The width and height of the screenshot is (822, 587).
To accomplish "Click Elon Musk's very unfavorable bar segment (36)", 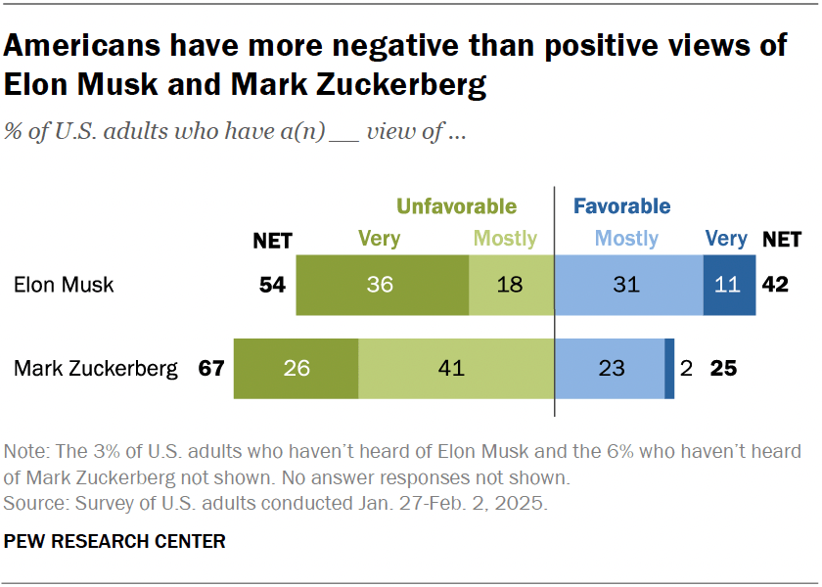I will coord(382,285).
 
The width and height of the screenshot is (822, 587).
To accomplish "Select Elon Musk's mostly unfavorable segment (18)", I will coord(511,285).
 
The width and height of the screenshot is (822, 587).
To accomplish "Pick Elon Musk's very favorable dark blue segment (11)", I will coord(729,285).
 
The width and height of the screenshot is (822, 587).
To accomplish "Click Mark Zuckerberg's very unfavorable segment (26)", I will coord(296,369).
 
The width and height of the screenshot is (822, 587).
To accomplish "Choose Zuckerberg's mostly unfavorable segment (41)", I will coord(456,369).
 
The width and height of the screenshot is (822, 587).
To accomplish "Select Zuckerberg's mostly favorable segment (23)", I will coord(610,369).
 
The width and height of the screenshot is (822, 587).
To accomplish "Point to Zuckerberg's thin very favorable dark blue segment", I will coord(669,369).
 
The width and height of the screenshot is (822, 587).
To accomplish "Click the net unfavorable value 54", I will coord(272,286).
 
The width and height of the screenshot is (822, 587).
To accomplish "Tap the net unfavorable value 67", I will coord(210,369).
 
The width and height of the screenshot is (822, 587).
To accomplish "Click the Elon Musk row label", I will coord(64,286).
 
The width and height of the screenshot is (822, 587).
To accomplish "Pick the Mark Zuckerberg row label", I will coord(96,369).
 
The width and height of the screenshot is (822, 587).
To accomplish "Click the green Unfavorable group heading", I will coord(455,206).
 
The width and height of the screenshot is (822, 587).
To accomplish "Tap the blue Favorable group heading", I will coord(621,206).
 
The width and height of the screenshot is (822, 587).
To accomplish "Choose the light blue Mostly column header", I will coord(626,238).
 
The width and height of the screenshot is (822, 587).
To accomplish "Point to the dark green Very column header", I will coord(380,238).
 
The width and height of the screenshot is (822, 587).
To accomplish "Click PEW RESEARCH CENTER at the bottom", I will coord(115,541).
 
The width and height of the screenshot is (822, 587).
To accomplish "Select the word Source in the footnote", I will coord(31,505).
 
